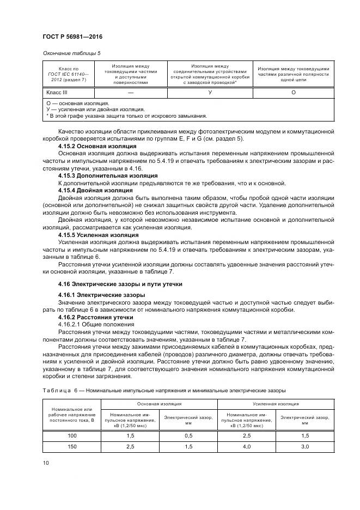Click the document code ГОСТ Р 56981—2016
(72, 37)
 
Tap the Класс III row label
(57, 92)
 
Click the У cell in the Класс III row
(210, 92)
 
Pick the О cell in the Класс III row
(293, 92)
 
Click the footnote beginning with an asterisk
(127, 116)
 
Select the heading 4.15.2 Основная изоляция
(97, 147)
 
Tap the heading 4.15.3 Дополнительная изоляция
(108, 175)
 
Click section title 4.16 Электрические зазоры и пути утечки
(120, 284)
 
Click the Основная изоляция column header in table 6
(159, 404)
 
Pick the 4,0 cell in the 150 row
(246, 446)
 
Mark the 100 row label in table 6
(71, 436)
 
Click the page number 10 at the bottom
(46, 463)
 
